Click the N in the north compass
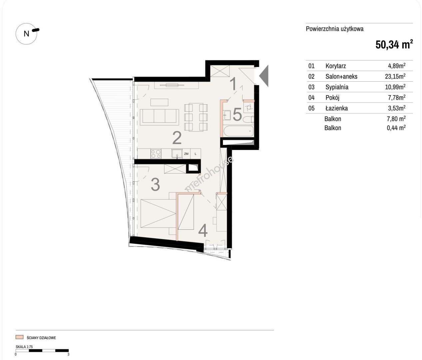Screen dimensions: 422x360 point(26,34)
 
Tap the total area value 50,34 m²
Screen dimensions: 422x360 point(394,45)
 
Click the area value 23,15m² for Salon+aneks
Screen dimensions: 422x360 point(395,76)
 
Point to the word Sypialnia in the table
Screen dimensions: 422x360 point(337,87)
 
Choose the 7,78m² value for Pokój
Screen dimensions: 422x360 point(396,97)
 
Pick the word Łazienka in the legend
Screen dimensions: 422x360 point(336,108)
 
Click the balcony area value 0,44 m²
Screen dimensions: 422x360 point(396,128)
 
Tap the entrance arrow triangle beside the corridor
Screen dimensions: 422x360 point(264,76)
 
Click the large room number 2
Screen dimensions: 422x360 point(177,138)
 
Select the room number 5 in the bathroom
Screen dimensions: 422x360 point(237,114)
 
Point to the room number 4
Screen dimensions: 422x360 point(203,230)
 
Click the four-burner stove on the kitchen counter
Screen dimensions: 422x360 point(156,154)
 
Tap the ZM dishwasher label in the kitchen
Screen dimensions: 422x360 point(186,154)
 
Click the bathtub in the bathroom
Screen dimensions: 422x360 point(238,131)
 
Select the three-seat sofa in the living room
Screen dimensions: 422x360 point(160,117)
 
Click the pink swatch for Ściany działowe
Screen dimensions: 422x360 point(19,337)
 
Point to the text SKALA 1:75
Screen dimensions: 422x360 point(24,347)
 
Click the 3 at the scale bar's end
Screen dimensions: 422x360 point(68,354)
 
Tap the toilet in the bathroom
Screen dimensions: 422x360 point(249,120)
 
